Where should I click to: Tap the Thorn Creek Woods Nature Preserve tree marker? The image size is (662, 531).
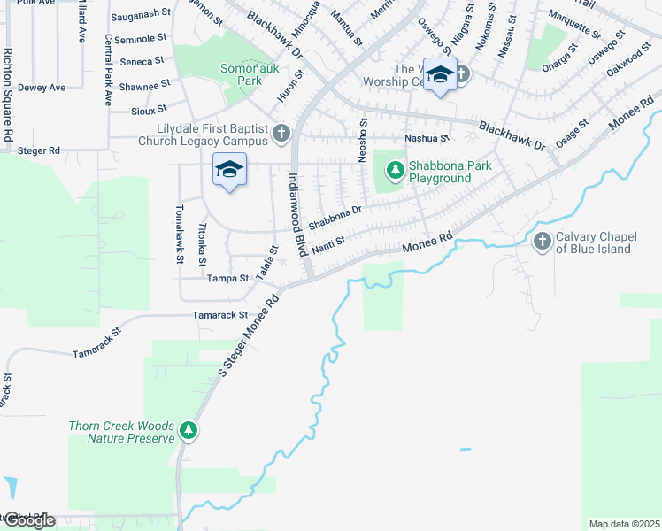pyautogui.click(x=189, y=431)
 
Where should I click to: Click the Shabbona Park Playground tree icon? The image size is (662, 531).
pyautogui.click(x=395, y=165)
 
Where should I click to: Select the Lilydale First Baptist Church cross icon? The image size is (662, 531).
pyautogui.click(x=281, y=134)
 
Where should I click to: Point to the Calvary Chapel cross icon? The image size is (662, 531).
pyautogui.click(x=543, y=241)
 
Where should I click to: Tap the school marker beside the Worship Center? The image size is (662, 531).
pyautogui.click(x=439, y=74)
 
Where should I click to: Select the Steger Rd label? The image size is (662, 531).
pyautogui.click(x=38, y=151)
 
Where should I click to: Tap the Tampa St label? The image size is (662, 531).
pyautogui.click(x=227, y=278)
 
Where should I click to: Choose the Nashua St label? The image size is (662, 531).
pyautogui.click(x=427, y=138)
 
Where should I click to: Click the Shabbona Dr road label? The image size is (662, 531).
pyautogui.click(x=335, y=216)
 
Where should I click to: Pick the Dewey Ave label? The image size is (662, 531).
pyautogui.click(x=42, y=88)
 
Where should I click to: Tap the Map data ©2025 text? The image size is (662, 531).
pyautogui.click(x=624, y=524)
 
